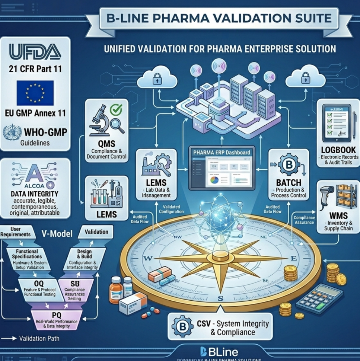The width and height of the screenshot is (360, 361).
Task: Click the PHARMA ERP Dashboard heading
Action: coord(221,153)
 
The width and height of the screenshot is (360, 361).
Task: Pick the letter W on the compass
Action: coord(148,258)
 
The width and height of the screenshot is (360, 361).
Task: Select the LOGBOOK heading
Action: coord(338,150)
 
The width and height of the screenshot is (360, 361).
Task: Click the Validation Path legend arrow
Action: coord(10,339)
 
